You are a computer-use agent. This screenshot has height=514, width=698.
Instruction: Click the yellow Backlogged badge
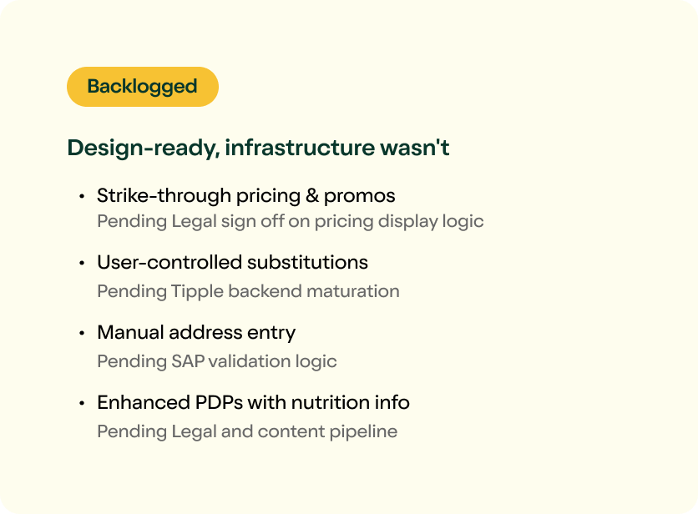(x=143, y=87)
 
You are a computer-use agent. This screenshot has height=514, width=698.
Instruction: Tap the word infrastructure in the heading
(x=300, y=148)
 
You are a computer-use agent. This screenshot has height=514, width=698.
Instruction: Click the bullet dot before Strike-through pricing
(x=82, y=196)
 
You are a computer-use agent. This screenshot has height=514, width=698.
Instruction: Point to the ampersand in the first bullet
(x=312, y=196)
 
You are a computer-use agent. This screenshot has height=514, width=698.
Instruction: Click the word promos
(x=359, y=196)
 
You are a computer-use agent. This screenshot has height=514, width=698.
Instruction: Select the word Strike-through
(x=164, y=195)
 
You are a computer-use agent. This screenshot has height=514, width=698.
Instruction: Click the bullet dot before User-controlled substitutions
(x=82, y=263)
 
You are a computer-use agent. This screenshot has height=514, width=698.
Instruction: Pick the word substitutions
(x=307, y=262)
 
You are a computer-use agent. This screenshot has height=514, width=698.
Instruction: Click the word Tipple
(x=197, y=291)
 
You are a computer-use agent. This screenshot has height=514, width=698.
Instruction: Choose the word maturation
(x=353, y=291)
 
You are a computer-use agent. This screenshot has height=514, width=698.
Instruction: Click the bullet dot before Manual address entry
(x=82, y=333)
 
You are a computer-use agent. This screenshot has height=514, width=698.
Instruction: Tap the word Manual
(x=131, y=332)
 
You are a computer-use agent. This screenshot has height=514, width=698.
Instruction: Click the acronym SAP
(x=188, y=361)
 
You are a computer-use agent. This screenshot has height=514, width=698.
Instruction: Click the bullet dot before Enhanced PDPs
(x=82, y=403)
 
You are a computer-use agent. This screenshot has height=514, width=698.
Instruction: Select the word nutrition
(x=331, y=402)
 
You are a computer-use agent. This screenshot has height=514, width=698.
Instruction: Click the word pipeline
(x=363, y=431)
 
